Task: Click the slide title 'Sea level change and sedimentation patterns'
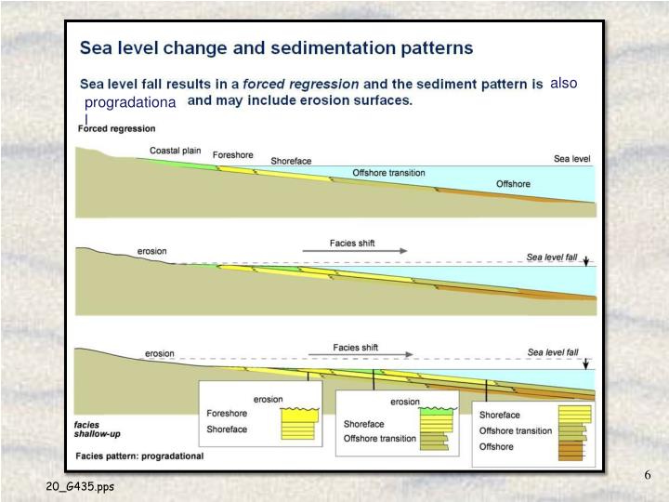[276, 46]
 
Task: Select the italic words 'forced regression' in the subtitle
[300, 84]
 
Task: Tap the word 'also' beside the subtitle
[563, 83]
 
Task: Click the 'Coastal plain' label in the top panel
[177, 150]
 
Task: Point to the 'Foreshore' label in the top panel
[233, 154]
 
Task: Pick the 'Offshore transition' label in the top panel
[388, 173]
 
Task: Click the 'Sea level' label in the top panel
[571, 159]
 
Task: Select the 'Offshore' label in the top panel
[513, 184]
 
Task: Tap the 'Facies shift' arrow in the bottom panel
[373, 354]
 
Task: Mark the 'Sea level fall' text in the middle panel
[552, 257]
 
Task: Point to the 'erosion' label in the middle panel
[152, 251]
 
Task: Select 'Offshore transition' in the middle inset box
[380, 438]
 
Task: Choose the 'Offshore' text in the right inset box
[496, 446]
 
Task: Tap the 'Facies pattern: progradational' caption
[139, 456]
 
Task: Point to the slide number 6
[648, 476]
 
